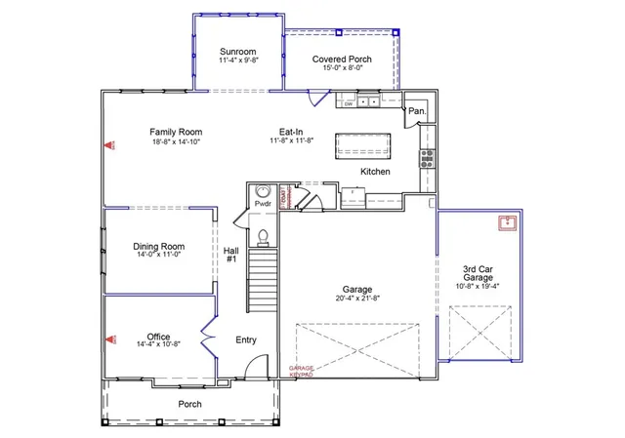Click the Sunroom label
(237, 51)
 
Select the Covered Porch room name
(342, 60)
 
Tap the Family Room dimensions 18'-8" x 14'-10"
(176, 142)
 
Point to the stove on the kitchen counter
(426, 158)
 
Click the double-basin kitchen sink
(367, 101)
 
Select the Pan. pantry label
(417, 111)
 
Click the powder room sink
(263, 191)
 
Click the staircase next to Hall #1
(262, 279)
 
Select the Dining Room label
(158, 247)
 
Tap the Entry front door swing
(252, 368)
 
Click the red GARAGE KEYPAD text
(301, 371)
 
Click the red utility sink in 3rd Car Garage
(507, 223)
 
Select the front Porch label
(189, 404)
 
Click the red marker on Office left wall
(109, 339)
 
